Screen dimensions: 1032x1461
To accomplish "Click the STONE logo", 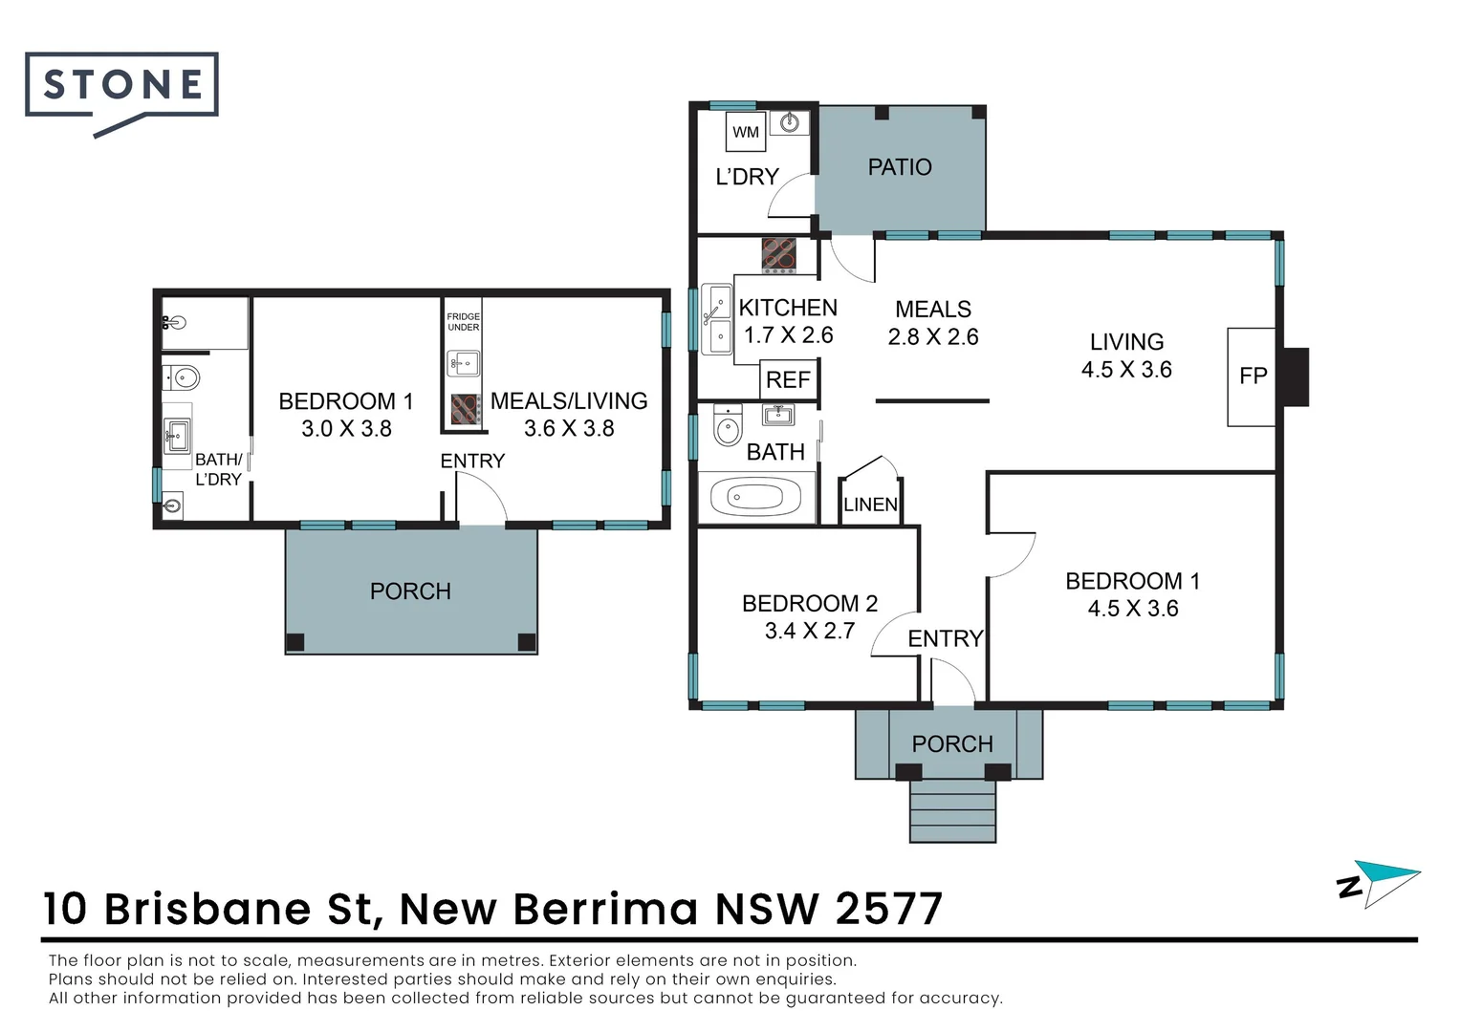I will click(x=122, y=86).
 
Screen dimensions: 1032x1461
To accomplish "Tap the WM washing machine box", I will click(x=746, y=132).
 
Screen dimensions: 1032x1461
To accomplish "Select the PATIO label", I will click(x=899, y=167).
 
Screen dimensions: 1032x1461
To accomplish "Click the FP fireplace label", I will click(x=1253, y=376).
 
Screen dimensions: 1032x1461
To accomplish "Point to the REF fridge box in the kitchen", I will click(x=788, y=380).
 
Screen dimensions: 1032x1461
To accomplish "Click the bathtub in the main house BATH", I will click(x=755, y=497).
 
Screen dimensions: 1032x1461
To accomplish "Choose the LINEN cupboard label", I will click(x=870, y=505).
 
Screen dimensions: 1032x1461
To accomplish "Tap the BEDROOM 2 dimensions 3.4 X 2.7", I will click(x=809, y=631).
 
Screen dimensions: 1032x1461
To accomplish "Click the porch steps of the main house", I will click(x=952, y=810).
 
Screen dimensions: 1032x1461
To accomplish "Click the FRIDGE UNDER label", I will click(x=464, y=322).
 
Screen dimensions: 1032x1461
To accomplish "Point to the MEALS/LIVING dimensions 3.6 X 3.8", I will click(x=569, y=429).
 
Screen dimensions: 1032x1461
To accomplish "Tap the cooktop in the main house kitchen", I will click(x=778, y=255).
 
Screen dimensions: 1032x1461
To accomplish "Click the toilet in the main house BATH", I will click(x=728, y=426).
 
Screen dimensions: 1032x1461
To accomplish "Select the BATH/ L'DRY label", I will click(x=218, y=469).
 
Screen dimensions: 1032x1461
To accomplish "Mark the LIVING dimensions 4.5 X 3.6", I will click(x=1126, y=370).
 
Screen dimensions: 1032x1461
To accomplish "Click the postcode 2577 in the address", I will click(x=888, y=909).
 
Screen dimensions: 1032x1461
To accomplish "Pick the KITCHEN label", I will click(x=788, y=308).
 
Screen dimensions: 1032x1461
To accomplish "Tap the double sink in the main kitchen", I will click(x=716, y=319).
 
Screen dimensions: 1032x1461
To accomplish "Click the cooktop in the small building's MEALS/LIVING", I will click(x=465, y=409).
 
